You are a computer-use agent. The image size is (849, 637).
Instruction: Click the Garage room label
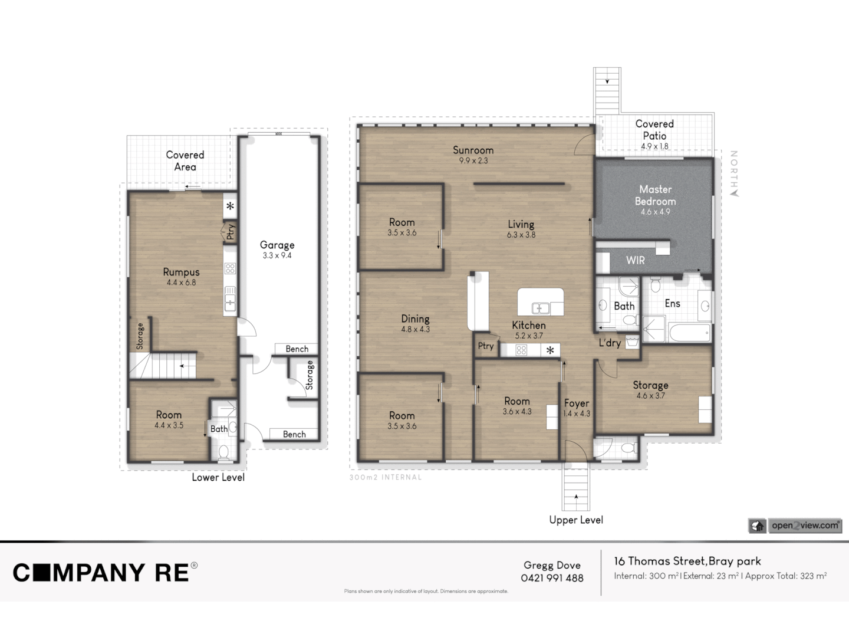(277, 245)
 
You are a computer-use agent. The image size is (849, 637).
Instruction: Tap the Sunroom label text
(473, 150)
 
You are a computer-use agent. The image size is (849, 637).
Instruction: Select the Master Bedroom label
(655, 195)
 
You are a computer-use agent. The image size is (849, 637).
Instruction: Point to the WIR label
(635, 260)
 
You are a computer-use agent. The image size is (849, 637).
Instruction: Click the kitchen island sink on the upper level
(539, 308)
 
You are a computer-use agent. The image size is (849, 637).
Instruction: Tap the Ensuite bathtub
(690, 333)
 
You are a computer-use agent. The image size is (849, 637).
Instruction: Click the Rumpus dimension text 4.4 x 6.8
(181, 283)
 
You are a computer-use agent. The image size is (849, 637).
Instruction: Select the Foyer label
(576, 403)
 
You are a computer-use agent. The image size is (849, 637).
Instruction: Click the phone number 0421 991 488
(552, 579)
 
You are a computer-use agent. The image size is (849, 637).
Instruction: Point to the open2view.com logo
(805, 526)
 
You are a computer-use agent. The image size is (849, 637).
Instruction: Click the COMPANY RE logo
(105, 573)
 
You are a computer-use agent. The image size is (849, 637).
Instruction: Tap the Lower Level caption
(218, 477)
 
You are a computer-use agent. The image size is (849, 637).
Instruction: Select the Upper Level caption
(576, 520)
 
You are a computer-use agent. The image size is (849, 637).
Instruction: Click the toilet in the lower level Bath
(223, 452)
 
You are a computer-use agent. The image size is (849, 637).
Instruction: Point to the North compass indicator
(734, 173)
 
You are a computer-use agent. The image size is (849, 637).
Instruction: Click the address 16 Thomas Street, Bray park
(687, 561)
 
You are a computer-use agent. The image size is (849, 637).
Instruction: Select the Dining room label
(415, 318)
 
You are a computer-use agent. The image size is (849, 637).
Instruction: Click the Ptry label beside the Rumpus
(231, 232)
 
